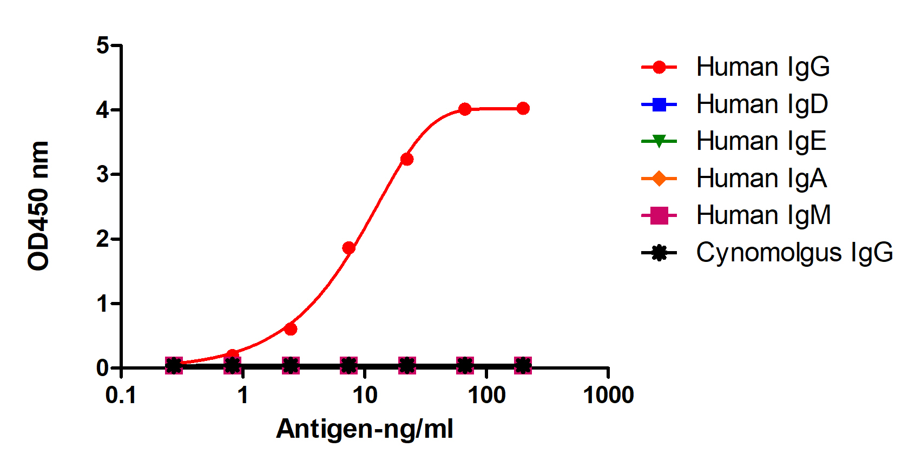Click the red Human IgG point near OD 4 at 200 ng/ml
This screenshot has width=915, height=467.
pyautogui.click(x=523, y=109)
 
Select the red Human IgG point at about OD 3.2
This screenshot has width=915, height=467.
pyautogui.click(x=407, y=159)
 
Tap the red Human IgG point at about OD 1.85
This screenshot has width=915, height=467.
pyautogui.click(x=349, y=248)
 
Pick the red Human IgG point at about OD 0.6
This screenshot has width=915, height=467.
pyautogui.click(x=291, y=329)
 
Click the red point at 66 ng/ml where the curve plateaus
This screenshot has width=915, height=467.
pyautogui.click(x=465, y=109)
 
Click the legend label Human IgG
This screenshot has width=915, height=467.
pyautogui.click(x=762, y=67)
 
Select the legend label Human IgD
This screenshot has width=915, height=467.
pyautogui.click(x=762, y=104)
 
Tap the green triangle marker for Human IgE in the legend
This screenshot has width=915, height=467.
pyautogui.click(x=659, y=142)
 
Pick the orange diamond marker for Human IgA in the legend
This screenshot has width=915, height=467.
pyautogui.click(x=659, y=179)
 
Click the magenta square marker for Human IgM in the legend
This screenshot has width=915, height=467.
pyautogui.click(x=659, y=215)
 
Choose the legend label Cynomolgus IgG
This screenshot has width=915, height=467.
pyautogui.click(x=794, y=253)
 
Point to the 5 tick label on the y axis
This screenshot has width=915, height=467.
pyautogui.click(x=103, y=45)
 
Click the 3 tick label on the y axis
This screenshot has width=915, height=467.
pyautogui.click(x=103, y=175)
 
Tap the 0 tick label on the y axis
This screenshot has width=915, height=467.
pyautogui.click(x=103, y=368)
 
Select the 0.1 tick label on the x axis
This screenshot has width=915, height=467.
pyautogui.click(x=121, y=396)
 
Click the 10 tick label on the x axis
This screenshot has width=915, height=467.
pyautogui.click(x=365, y=396)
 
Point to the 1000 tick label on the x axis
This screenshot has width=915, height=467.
pyautogui.click(x=608, y=396)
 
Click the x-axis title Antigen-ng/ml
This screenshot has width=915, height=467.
pyautogui.click(x=364, y=429)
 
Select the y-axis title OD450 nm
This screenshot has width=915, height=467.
pyautogui.click(x=39, y=206)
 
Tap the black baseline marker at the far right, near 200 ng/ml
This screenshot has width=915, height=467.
pyautogui.click(x=523, y=365)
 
